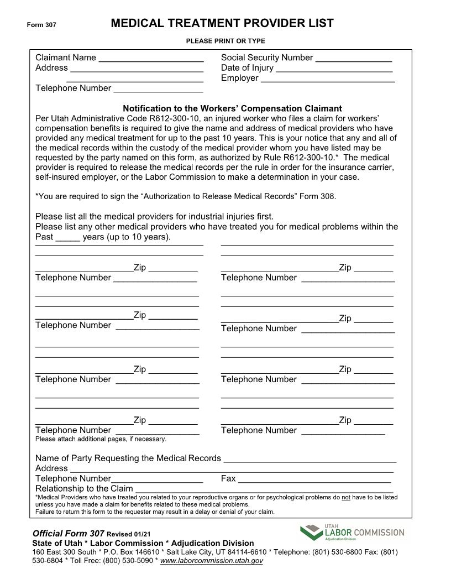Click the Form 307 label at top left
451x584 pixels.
[x=41, y=25]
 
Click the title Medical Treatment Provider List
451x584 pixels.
[x=222, y=23]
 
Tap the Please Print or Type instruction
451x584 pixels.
[x=225, y=41]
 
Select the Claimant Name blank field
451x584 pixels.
[x=151, y=59]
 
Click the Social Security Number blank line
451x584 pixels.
[x=354, y=59]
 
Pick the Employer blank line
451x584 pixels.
[x=328, y=79]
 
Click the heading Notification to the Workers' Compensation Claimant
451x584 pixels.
[x=232, y=108]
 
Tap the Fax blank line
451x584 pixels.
[x=314, y=479]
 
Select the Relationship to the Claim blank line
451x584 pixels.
[x=264, y=489]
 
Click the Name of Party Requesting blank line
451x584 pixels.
[x=310, y=459]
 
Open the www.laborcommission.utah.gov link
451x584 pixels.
[x=211, y=561]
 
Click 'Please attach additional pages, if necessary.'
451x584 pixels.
[x=101, y=439]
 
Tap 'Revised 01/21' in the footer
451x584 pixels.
[x=128, y=534]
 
